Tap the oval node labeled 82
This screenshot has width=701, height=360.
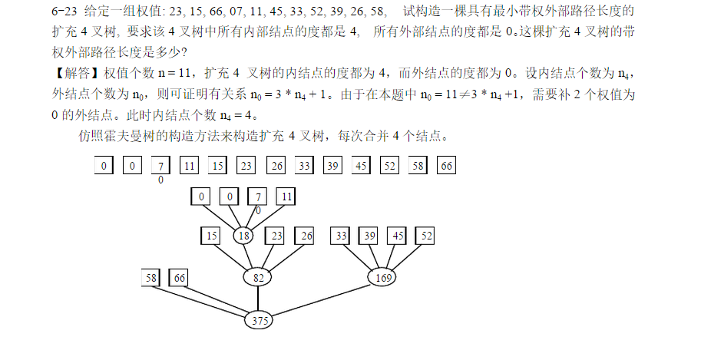(259, 277)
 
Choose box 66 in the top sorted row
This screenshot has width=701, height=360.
(447, 165)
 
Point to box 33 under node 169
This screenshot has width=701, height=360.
(341, 236)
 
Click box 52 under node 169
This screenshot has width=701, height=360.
(427, 236)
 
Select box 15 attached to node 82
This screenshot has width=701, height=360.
(211, 236)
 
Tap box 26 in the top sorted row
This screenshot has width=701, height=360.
(276, 165)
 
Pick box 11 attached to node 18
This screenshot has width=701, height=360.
(286, 197)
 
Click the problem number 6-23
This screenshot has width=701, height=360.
(64, 12)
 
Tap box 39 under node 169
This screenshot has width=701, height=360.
(370, 236)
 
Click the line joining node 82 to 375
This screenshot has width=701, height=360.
(259, 299)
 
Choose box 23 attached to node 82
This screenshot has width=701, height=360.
(277, 236)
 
